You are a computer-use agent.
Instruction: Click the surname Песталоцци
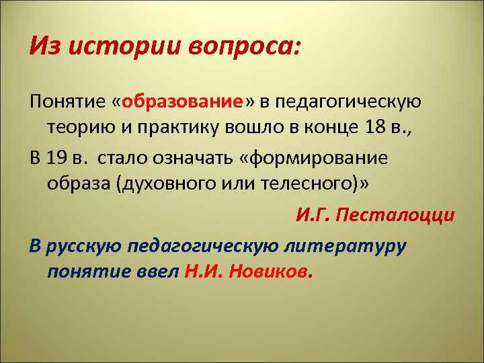pyautogui.click(x=396, y=216)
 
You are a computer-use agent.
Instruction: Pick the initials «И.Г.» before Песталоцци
pyautogui.click(x=313, y=216)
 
